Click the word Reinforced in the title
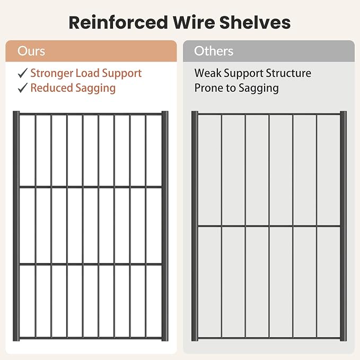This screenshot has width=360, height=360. tap(118, 22)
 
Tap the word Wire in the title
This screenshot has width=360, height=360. tap(194, 22)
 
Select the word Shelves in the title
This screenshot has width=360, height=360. tap(255, 22)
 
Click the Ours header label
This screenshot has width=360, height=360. tap(31, 51)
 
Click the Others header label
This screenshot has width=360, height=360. tap(214, 51)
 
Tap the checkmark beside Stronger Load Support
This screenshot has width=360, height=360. tap(23, 73)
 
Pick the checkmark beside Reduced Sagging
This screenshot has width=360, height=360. tap(23, 87)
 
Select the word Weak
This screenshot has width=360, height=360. tap(208, 73)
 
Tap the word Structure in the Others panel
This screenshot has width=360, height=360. tap(288, 73)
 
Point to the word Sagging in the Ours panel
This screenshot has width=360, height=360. tap(95, 89)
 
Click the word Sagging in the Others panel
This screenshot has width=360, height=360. tap(259, 89)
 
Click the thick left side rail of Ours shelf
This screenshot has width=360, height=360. tap(16, 226)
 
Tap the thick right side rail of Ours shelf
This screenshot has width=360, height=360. tap(165, 226)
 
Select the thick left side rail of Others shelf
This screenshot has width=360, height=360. tap(195, 226)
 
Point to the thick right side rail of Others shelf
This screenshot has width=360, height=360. tap(343, 226)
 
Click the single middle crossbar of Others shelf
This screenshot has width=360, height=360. tap(269, 226)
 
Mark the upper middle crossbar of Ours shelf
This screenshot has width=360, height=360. tap(91, 187)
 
